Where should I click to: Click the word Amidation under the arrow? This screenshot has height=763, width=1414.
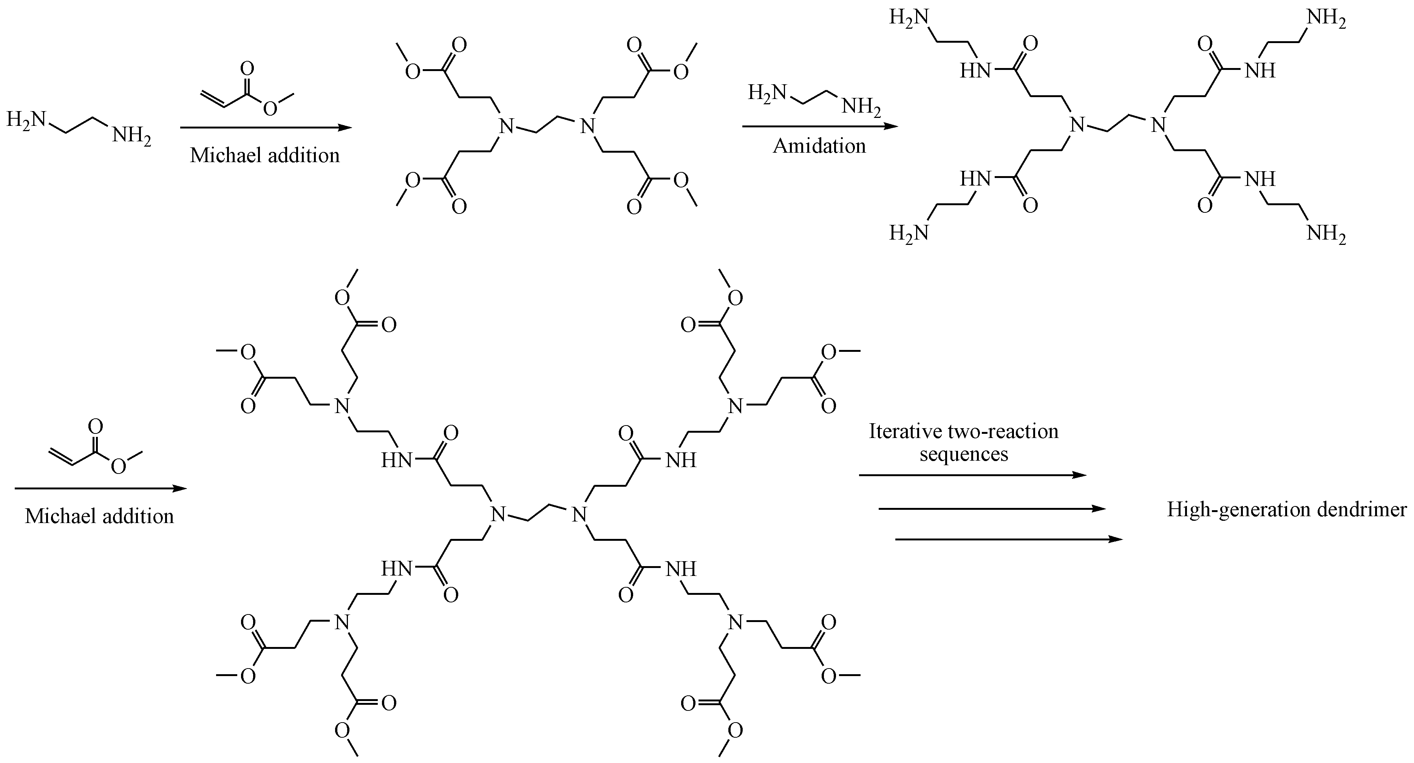(x=819, y=146)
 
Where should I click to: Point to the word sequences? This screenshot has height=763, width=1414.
(x=964, y=455)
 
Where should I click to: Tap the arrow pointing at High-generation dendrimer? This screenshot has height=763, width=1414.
(x=991, y=509)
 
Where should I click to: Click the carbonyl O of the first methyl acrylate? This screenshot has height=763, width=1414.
(x=247, y=69)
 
